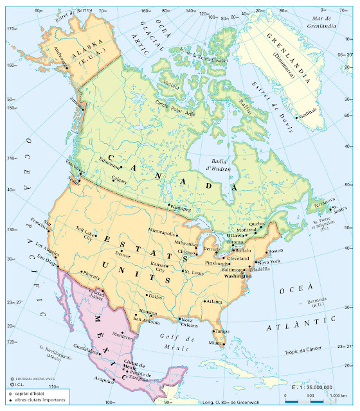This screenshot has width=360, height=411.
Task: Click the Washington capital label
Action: coord(237,275)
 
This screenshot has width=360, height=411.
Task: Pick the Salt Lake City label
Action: coord(85,232)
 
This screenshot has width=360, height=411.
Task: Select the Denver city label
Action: coord(123,254)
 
